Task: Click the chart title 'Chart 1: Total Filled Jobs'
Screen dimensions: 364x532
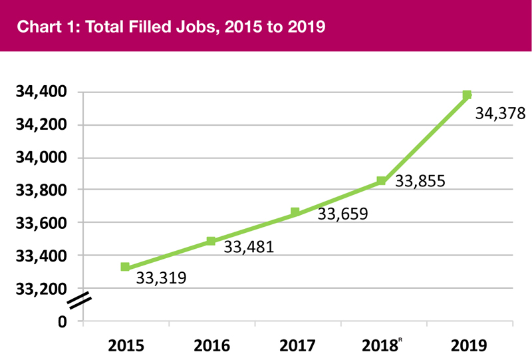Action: [172, 27]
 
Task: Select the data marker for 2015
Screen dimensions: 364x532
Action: [125, 267]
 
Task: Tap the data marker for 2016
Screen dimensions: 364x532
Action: [211, 241]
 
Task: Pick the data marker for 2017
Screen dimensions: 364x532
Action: [295, 212]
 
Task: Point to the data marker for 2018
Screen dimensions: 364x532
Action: [381, 181]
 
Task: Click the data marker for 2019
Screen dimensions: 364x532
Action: [467, 95]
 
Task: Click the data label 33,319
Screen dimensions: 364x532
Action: [161, 277]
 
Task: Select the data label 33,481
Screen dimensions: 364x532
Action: [249, 248]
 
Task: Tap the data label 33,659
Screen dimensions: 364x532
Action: [342, 214]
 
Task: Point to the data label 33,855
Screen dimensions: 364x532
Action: [420, 180]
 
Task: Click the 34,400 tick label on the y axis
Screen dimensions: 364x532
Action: [41, 92]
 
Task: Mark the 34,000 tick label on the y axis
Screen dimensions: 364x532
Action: [41, 158]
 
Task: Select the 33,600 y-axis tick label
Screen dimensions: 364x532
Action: [41, 223]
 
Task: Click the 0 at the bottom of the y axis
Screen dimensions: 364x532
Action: [63, 321]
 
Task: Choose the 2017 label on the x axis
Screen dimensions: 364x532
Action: [297, 346]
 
